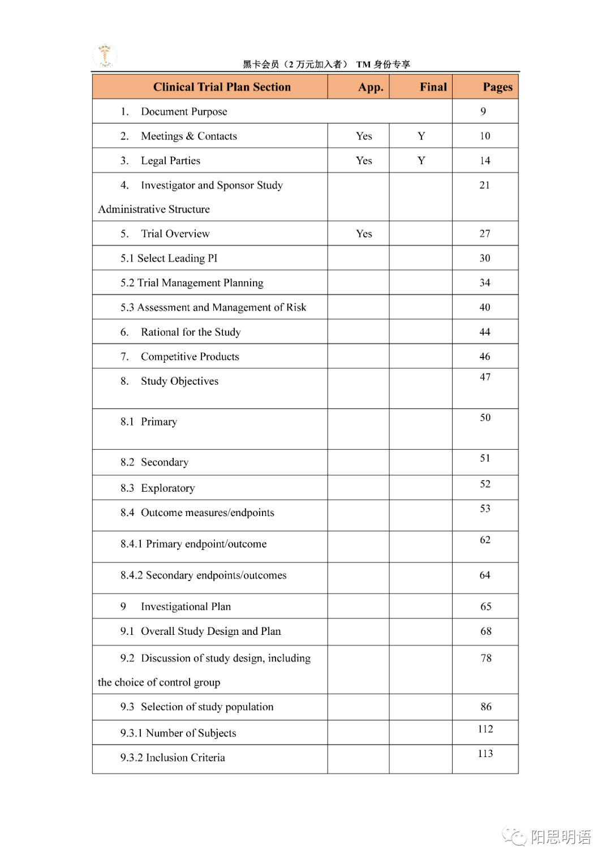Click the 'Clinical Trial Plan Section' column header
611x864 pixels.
click(x=222, y=87)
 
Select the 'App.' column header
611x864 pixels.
click(x=371, y=87)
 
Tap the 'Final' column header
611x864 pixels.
click(x=433, y=87)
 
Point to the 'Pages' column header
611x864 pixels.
click(x=497, y=87)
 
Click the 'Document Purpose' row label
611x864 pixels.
click(x=184, y=111)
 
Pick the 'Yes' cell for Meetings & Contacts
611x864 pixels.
click(x=364, y=136)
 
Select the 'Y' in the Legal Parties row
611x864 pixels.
click(x=421, y=161)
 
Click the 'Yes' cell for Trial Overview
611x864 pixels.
click(x=364, y=234)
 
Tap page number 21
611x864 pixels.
click(x=485, y=185)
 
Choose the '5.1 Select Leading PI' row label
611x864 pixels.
click(x=169, y=259)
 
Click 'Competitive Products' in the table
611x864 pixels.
click(x=190, y=356)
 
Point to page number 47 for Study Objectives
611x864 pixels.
click(x=485, y=377)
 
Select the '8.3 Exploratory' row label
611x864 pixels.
click(x=157, y=488)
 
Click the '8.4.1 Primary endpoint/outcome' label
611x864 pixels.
click(x=193, y=544)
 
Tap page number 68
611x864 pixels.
click(x=485, y=631)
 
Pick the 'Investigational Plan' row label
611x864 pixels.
click(x=186, y=607)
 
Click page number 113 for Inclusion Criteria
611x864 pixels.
click(x=485, y=754)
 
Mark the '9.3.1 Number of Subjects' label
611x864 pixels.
click(x=178, y=733)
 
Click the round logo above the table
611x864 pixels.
click(x=105, y=56)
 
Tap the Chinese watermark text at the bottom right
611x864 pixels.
click(x=560, y=837)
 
